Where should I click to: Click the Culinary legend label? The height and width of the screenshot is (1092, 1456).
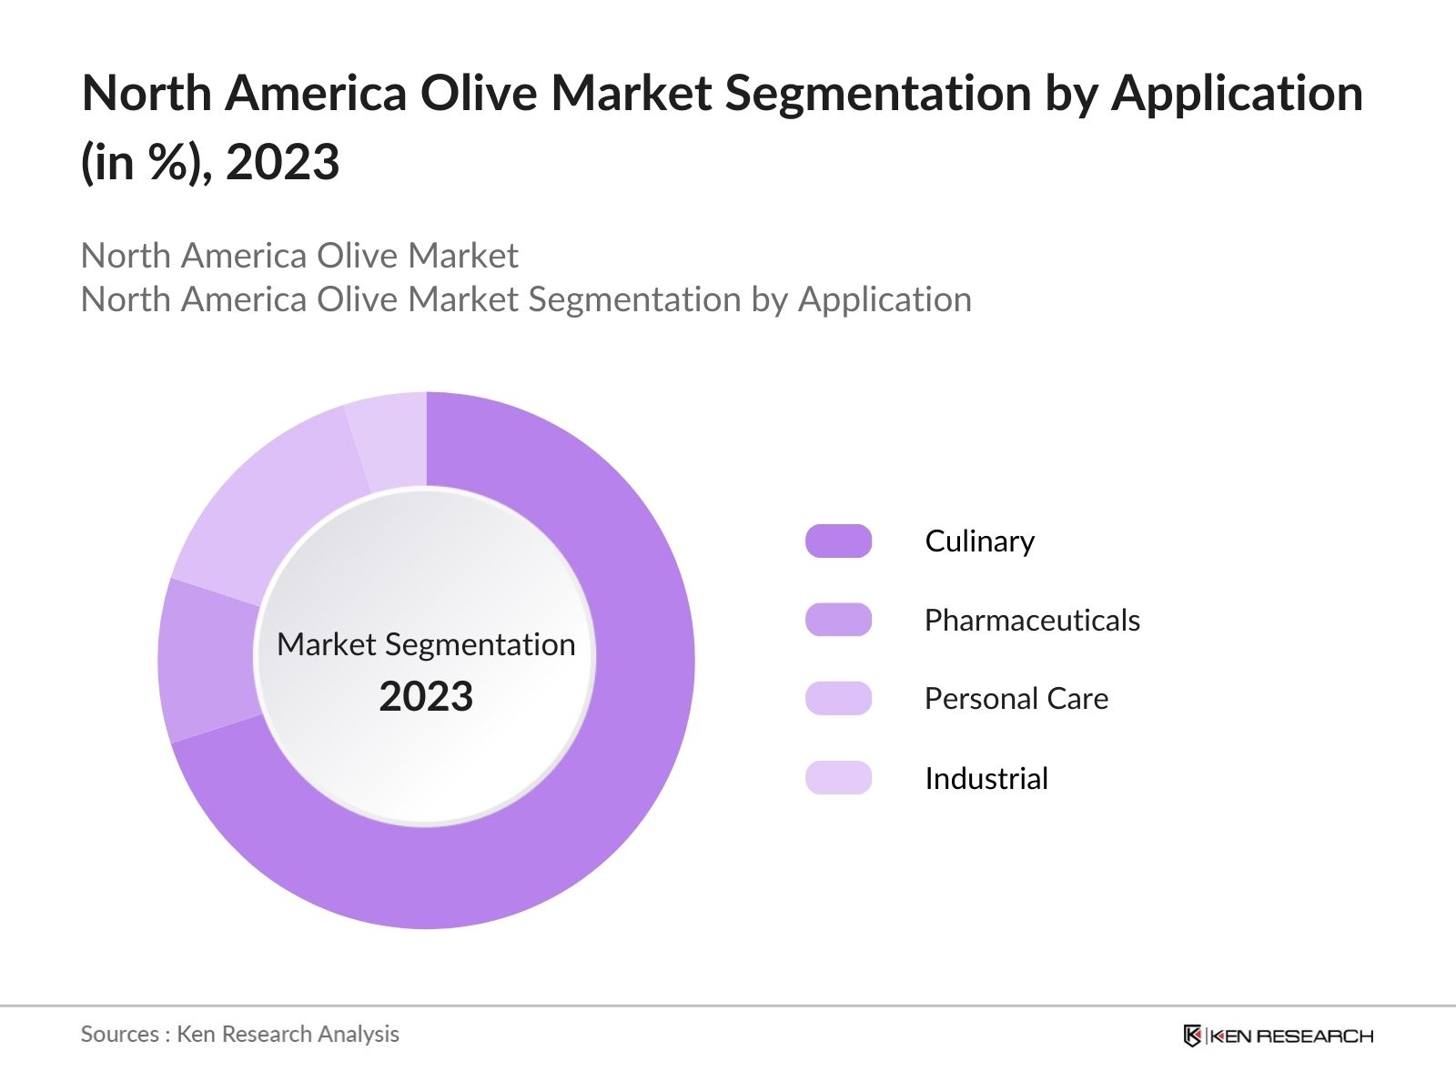[x=979, y=541]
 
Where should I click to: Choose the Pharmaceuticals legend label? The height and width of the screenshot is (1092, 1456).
[x=1032, y=621]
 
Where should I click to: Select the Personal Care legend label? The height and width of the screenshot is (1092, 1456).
[x=1016, y=699]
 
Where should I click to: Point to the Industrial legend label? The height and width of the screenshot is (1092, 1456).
[x=986, y=779]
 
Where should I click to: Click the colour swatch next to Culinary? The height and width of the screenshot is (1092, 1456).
[x=838, y=541]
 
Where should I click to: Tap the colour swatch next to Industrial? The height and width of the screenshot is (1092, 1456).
[x=838, y=778]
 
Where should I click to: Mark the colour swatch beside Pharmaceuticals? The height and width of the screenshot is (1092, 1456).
[x=838, y=620]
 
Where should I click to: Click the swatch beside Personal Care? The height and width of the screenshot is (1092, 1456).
[x=838, y=699]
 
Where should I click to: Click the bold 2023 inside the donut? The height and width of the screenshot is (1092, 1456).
[x=426, y=697]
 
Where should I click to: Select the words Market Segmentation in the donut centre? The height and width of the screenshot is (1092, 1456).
[x=426, y=644]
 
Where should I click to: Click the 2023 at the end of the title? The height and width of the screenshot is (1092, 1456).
[x=282, y=164]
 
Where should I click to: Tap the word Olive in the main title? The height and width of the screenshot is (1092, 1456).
[x=478, y=94]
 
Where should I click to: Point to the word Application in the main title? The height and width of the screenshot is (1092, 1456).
[x=1237, y=94]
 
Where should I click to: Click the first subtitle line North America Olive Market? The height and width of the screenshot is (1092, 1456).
[x=299, y=256]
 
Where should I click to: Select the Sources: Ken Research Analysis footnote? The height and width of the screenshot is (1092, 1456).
[x=240, y=1034]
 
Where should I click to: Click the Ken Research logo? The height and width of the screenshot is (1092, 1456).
[x=1278, y=1036]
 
